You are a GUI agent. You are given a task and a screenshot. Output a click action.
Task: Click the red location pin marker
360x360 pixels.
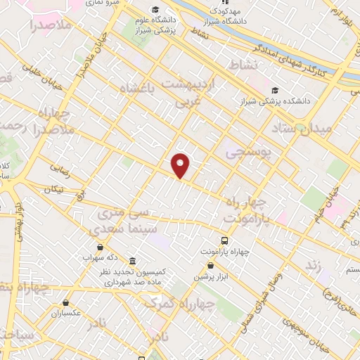click(x=181, y=165)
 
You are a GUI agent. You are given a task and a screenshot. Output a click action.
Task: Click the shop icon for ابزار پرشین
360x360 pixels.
click(x=210, y=265)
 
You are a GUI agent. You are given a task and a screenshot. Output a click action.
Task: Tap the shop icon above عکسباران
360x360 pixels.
click(x=65, y=302)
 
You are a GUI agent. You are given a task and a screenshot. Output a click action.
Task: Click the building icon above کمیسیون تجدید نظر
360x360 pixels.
click(x=133, y=261)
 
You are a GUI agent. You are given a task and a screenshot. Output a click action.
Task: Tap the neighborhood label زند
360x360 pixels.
click(x=314, y=265)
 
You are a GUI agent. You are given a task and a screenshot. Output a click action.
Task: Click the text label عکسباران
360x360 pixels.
click(x=67, y=314)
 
